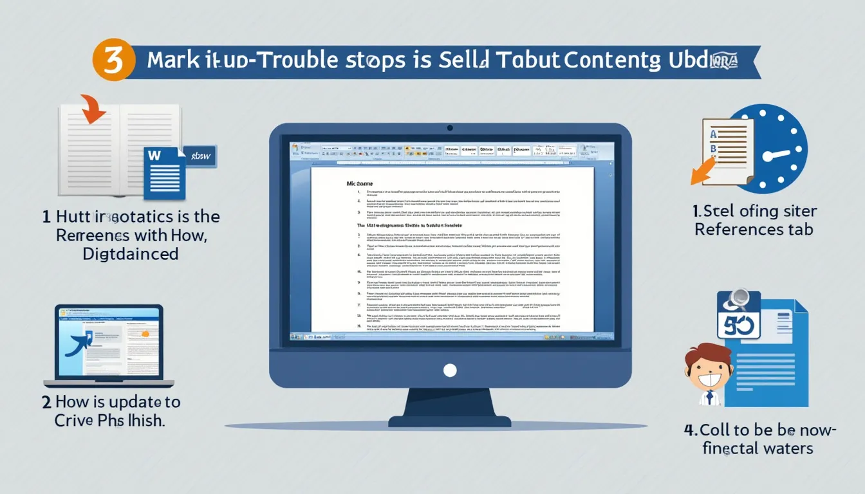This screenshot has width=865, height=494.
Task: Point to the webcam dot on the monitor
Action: (450, 128)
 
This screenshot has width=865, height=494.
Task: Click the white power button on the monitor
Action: (450, 370)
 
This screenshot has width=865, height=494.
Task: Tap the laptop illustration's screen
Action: (108, 341)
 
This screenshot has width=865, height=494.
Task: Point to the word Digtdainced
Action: (131, 253)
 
